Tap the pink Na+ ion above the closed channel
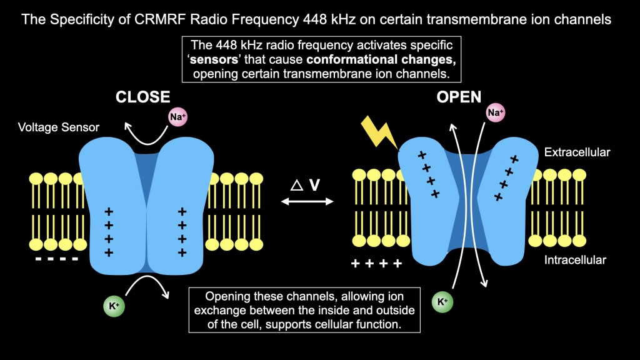tap(177, 116)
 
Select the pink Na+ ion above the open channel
tap(495, 112)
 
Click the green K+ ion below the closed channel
tap(112, 306)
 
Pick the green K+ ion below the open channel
tap(442, 302)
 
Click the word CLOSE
tap(142, 97)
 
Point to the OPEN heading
tap(459, 97)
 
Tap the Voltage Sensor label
tap(59, 127)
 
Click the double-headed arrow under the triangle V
tap(307, 201)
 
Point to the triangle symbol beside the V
tap(298, 185)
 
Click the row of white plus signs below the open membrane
tap(376, 264)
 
